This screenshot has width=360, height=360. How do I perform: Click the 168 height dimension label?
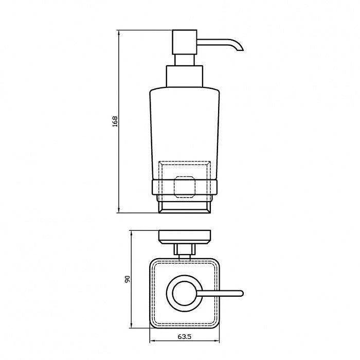click(115, 121)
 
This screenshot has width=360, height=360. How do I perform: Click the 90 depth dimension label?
click(128, 279)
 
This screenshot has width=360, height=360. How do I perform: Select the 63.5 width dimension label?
click(184, 337)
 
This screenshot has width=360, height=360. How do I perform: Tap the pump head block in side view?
click(185, 42)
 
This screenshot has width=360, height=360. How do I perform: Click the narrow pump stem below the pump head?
click(185, 60)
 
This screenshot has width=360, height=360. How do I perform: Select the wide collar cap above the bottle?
click(185, 77)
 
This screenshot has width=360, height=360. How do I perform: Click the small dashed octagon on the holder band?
click(185, 187)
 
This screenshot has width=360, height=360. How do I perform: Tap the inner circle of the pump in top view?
click(185, 294)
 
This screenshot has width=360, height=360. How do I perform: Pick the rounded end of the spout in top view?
click(241, 294)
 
